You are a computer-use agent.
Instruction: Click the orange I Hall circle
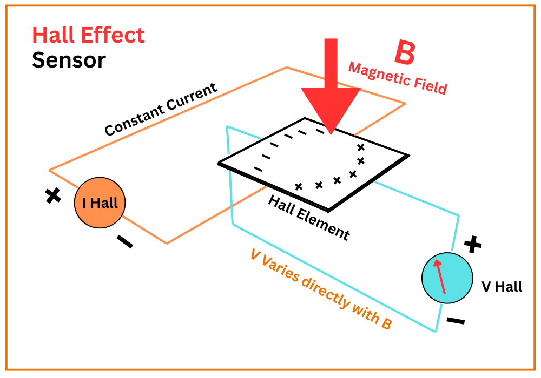[x=100, y=204]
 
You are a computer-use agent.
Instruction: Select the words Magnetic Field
[x=398, y=78]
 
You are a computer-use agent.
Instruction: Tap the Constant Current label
[x=161, y=110]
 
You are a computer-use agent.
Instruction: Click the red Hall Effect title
[x=89, y=36]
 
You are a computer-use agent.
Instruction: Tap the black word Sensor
[x=69, y=60]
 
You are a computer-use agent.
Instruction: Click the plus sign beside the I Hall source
[x=52, y=195]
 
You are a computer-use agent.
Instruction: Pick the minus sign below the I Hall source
[x=124, y=242]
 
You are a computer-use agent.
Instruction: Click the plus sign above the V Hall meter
[x=473, y=245]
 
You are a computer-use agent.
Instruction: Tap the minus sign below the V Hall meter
[x=456, y=321]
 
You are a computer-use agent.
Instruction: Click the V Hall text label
[x=502, y=287]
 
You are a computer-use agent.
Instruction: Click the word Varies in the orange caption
[x=286, y=271]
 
